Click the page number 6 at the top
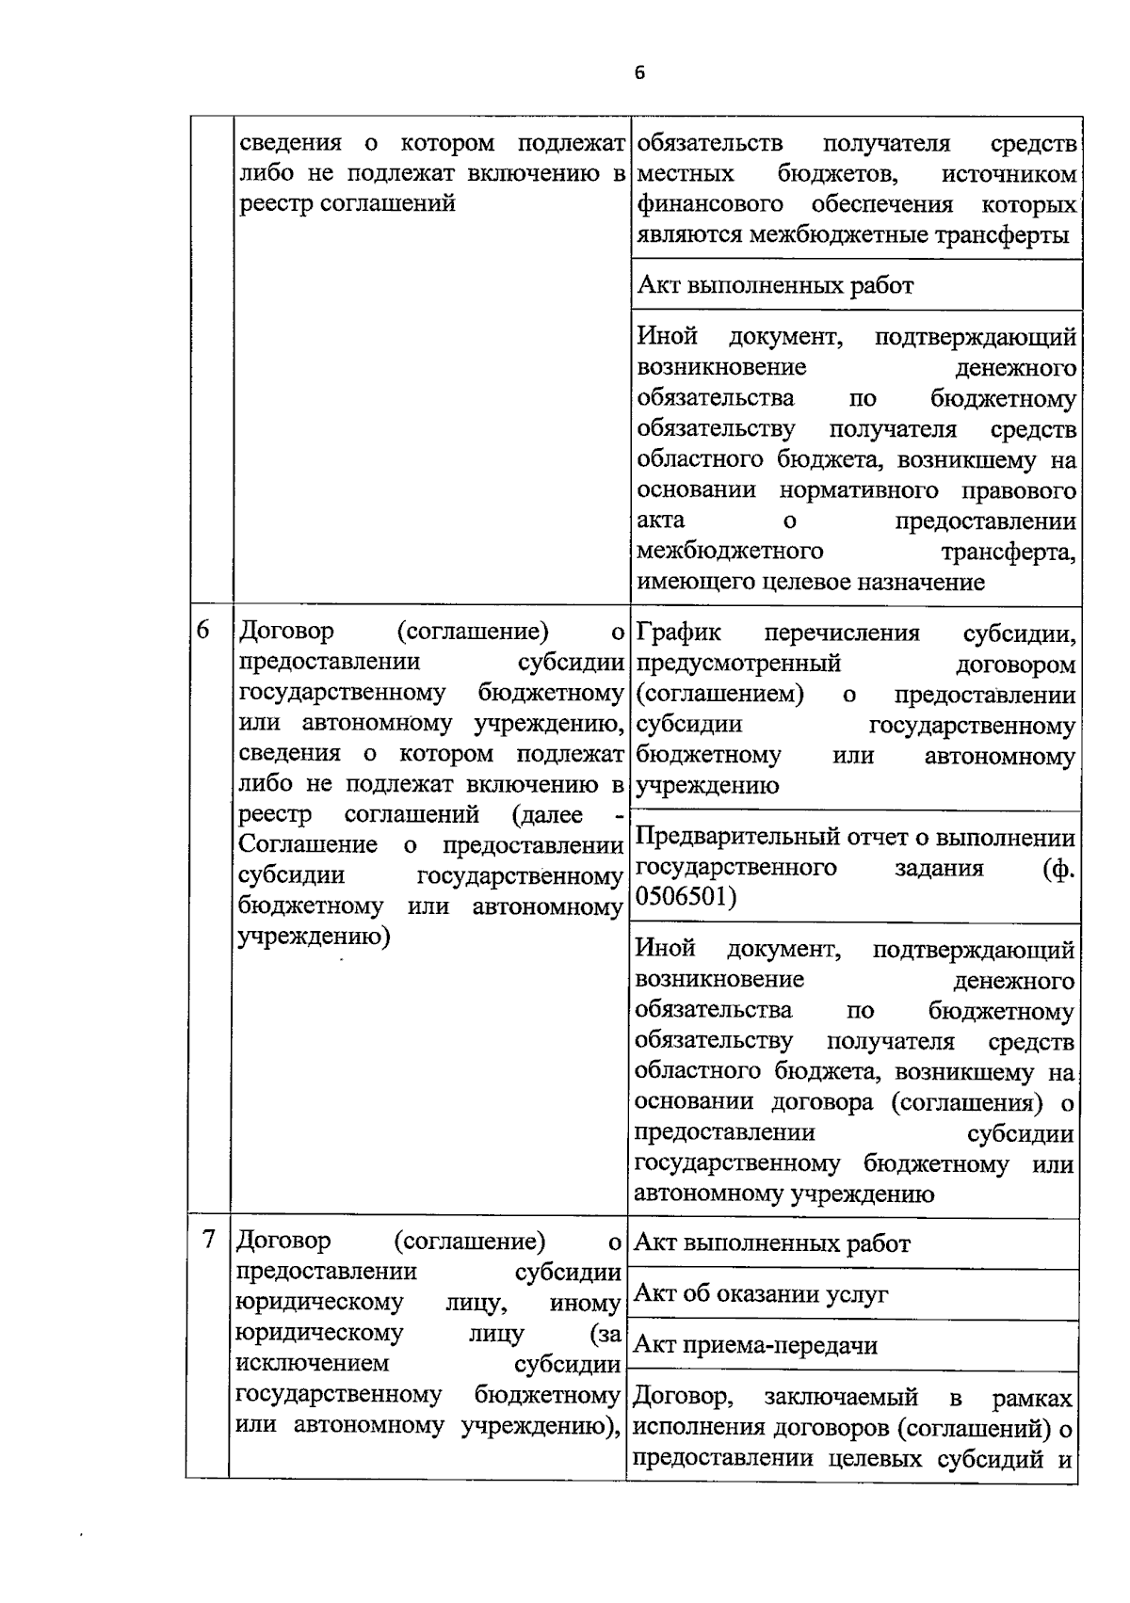pos(639,73)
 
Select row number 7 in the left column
pos(209,1239)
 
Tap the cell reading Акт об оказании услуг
pos(761,1294)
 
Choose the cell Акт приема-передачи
pos(755,1345)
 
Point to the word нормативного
pos(858,490)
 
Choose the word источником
pos(1009,174)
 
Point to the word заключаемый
pos(840,1398)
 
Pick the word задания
pos(938,867)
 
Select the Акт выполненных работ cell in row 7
pos(772,1243)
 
